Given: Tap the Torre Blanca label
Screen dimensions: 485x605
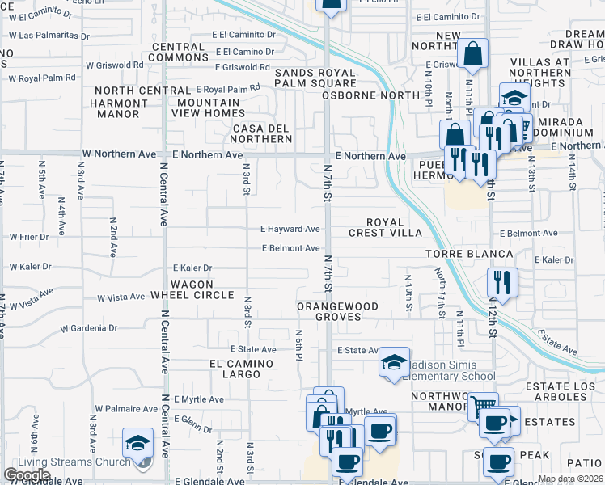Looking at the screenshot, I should tap(470, 254).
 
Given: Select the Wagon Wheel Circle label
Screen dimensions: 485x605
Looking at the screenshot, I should tap(192, 289).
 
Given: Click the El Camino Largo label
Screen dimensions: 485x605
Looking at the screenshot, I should tap(242, 369).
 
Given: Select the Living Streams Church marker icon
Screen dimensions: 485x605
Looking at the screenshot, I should tap(138, 443).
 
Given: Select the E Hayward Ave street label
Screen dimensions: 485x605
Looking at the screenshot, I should tap(290, 229).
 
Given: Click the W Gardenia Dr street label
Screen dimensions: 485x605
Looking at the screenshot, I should tap(89, 328).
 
